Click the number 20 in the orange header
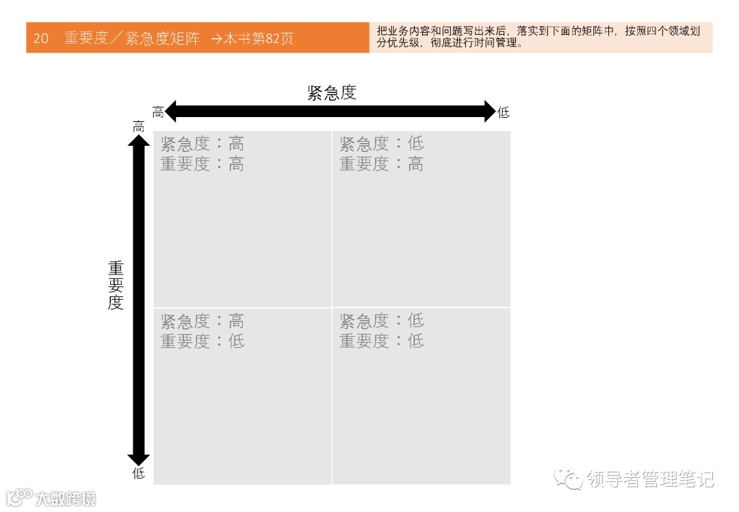coord(41,38)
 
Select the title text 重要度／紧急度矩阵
coord(132,38)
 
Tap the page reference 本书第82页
coord(259,38)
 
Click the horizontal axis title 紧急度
coord(332,92)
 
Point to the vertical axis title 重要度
coord(116,285)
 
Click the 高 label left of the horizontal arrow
coord(158,112)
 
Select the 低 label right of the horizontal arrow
coord(504,112)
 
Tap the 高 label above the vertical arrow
coord(138,127)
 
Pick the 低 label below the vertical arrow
coord(138,473)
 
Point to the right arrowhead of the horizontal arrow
coord(489,111)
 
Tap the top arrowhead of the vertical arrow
coord(138,140)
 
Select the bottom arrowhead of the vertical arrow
coord(138,460)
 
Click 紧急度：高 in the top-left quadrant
coord(202,144)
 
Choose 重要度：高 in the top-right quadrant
coord(381,164)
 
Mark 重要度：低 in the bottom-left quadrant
coord(202,341)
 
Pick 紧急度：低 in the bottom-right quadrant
coord(381,320)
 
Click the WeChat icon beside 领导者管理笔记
coord(569,478)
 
